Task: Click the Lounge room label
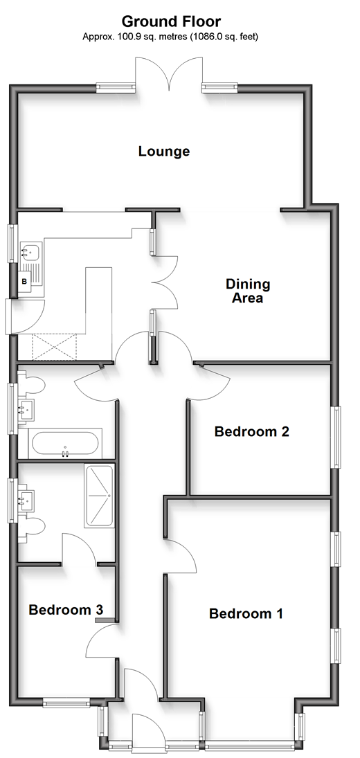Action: pos(164,152)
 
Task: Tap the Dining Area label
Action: pos(248,291)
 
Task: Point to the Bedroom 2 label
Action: pos(252,431)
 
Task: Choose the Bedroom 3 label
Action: pos(66,610)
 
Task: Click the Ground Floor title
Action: pos(171,21)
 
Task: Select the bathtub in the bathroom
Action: pos(65,442)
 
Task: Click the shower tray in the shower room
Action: pos(99,496)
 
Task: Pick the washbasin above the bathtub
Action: pos(26,410)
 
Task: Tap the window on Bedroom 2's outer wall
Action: pos(335,437)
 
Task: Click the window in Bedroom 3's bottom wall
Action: pos(66,703)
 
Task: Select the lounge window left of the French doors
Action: pos(115,87)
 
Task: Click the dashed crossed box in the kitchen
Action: pos(54,347)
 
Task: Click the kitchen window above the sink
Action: pos(13,244)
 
